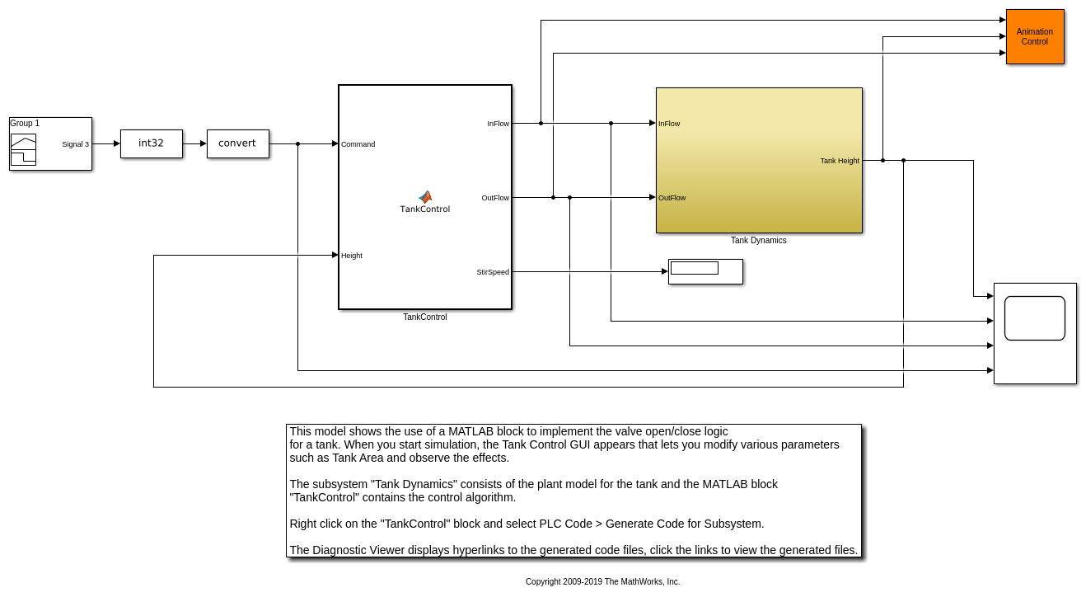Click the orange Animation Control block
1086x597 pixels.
coord(1035,36)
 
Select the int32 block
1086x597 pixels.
coord(152,143)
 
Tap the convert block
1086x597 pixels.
coord(237,143)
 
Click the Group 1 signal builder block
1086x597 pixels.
coord(50,143)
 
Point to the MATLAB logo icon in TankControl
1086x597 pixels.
coord(425,196)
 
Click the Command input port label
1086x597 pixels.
coord(358,144)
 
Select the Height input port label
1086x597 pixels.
coord(352,256)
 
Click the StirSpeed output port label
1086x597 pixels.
coord(493,272)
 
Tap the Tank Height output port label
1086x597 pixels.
coord(840,161)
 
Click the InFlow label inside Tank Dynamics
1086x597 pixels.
coord(669,124)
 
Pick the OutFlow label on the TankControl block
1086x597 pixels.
coord(495,198)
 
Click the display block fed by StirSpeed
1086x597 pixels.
coord(705,272)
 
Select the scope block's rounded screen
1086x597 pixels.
coord(1035,318)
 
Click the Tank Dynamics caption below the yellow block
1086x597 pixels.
coord(759,240)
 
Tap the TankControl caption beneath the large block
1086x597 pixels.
coord(424,317)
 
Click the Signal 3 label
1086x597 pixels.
coord(76,144)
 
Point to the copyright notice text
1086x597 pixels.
coord(602,581)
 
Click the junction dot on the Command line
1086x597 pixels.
coord(297,143)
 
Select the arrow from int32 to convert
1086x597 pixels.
coord(195,143)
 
